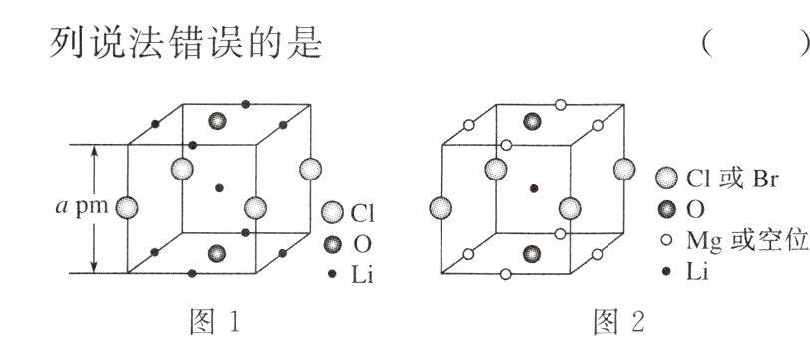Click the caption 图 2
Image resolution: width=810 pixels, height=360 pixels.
619,321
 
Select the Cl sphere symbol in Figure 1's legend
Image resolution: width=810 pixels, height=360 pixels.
333,213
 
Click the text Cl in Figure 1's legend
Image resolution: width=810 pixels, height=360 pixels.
360,213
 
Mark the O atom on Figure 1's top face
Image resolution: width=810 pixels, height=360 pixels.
217,122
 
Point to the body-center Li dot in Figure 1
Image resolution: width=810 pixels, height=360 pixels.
217,187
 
